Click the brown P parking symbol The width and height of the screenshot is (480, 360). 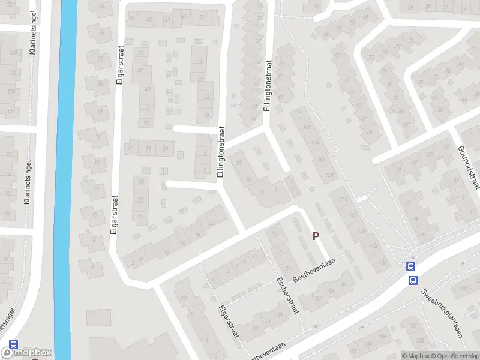pyautogui.click(x=316, y=236)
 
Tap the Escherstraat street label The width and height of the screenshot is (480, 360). pyautogui.click(x=286, y=296)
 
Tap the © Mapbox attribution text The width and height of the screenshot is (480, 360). pyautogui.click(x=415, y=356)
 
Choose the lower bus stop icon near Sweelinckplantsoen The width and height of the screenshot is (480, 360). pyautogui.click(x=413, y=280)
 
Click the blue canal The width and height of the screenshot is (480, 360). pyautogui.click(x=65, y=180)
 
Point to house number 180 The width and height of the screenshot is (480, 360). pyautogui.click(x=463, y=289)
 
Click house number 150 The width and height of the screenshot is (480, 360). pyautogui.click(x=329, y=175)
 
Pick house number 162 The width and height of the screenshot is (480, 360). pyautogui.click(x=308, y=127)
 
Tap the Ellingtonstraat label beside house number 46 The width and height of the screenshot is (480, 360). pyautogui.click(x=268, y=85)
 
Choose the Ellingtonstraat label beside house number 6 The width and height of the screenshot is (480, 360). pyautogui.click(x=221, y=152)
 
